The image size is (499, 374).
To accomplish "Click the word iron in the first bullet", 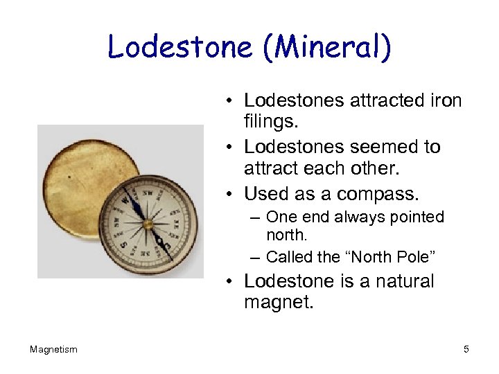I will click(x=441, y=101).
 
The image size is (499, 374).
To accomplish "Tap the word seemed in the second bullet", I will click(x=383, y=147).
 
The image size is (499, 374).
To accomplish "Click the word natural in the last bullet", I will click(x=399, y=281).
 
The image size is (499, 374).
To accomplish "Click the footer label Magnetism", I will click(x=53, y=350).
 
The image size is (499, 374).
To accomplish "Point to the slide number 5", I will click(x=466, y=350).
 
